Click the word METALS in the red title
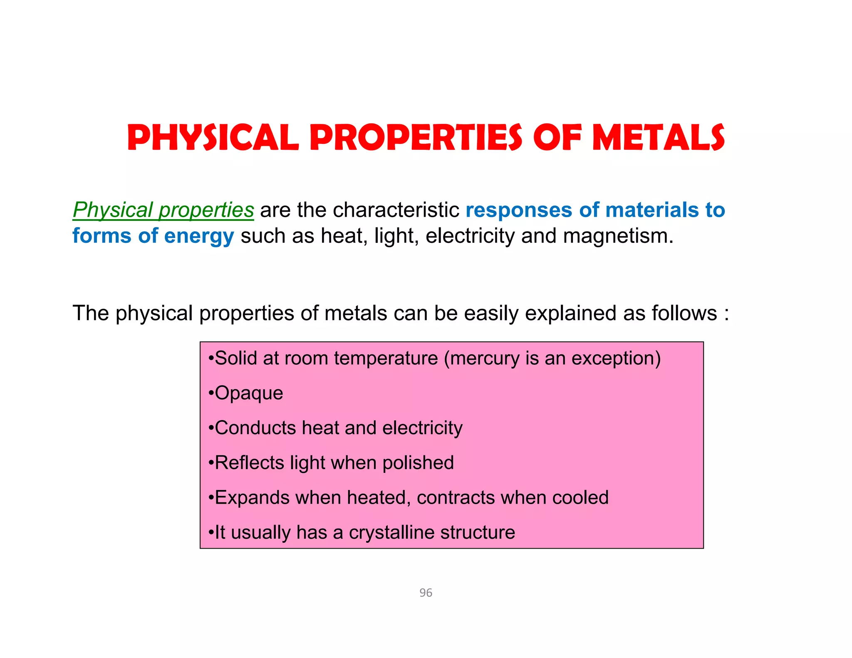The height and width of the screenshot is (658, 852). (x=658, y=138)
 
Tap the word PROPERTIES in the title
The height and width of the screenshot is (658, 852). (x=416, y=138)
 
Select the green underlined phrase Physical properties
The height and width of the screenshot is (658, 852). (x=163, y=210)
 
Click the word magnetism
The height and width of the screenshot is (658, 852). (x=618, y=236)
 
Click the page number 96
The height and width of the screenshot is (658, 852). (x=426, y=593)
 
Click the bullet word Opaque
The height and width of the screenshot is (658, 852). (x=249, y=393)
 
